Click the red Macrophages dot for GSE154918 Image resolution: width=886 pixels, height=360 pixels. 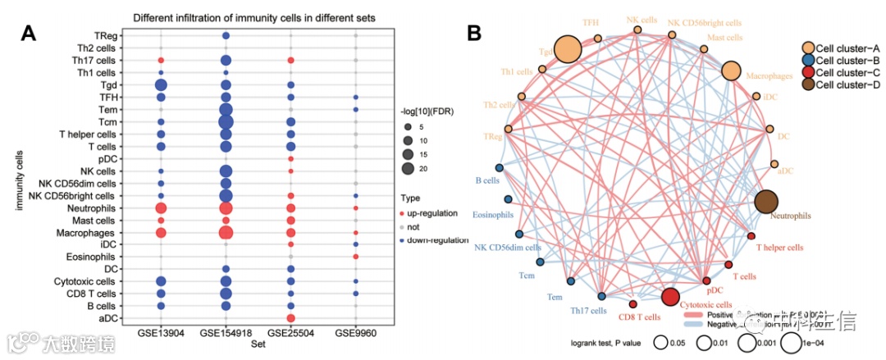(x=226, y=233)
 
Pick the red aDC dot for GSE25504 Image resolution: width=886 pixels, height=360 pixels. (x=290, y=318)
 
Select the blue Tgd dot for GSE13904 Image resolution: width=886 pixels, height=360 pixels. (x=161, y=85)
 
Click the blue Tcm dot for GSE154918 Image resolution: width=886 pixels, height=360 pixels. (x=226, y=122)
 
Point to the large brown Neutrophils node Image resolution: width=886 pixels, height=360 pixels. (x=766, y=202)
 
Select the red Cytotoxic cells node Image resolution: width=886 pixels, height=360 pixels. (x=670, y=296)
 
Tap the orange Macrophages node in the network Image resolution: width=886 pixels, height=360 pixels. (x=732, y=71)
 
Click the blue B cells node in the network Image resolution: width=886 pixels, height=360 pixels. (x=500, y=167)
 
